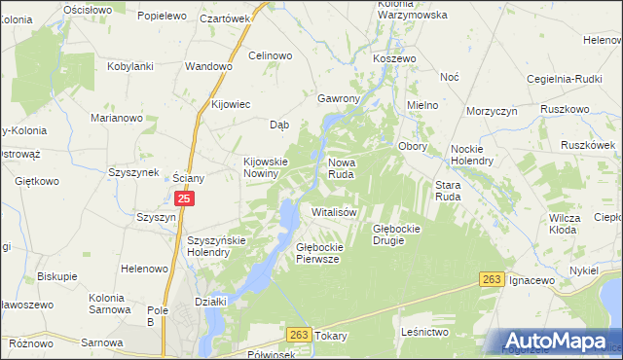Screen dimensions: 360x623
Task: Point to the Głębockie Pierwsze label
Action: [x=317, y=253]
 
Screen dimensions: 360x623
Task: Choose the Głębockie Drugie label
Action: [x=396, y=234]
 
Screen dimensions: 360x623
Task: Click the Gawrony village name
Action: [x=340, y=99]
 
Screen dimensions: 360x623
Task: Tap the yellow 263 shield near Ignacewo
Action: [x=493, y=280]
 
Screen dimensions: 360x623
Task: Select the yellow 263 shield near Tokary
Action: [x=299, y=335]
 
